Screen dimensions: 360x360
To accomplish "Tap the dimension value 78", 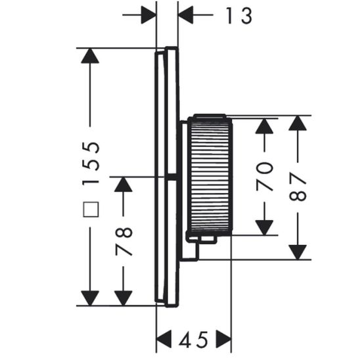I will [x=124, y=241].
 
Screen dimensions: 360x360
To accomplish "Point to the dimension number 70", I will [x=265, y=176].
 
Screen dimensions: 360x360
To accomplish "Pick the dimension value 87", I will [x=299, y=187].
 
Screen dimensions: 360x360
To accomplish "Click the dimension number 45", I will [x=194, y=340].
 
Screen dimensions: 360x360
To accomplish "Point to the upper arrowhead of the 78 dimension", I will [x=124, y=185].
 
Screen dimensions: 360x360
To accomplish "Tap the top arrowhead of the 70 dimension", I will [x=265, y=125].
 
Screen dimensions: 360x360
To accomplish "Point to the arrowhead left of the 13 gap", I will [x=148, y=14].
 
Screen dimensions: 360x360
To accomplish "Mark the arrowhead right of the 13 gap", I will [x=186, y=14].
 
